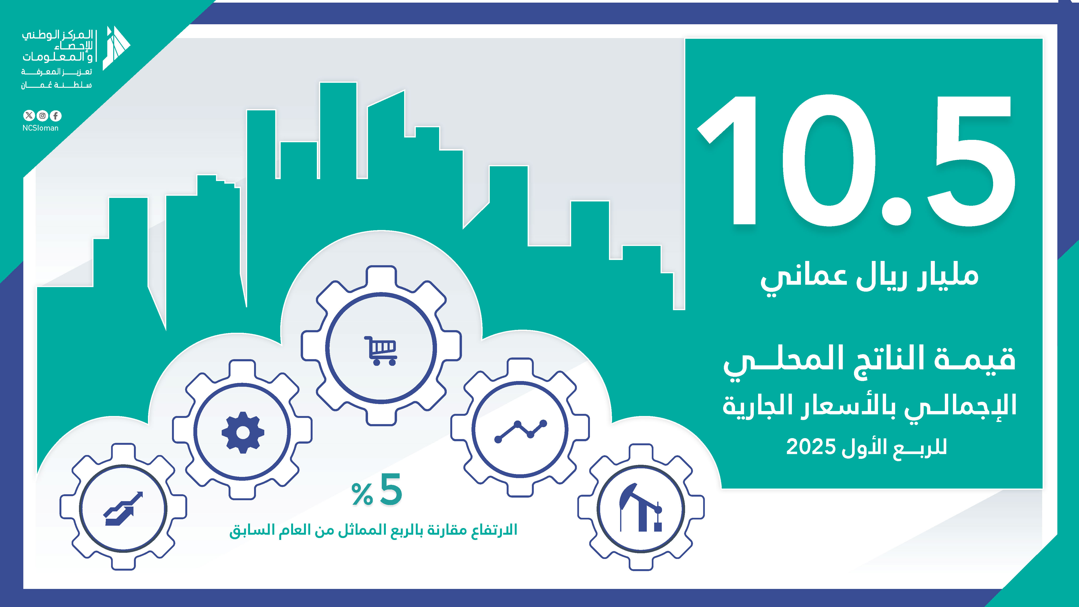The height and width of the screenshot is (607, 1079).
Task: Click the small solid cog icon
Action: coord(243,432)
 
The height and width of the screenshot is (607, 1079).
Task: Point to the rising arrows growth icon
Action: coord(123,508)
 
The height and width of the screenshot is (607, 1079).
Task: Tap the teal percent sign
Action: coord(362,494)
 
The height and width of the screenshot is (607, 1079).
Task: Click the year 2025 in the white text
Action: coord(811,447)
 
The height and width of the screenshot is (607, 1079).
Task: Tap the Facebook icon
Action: coord(56,116)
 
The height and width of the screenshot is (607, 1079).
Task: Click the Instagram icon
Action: coord(42,116)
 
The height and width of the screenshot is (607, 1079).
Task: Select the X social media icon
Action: coord(29,116)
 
